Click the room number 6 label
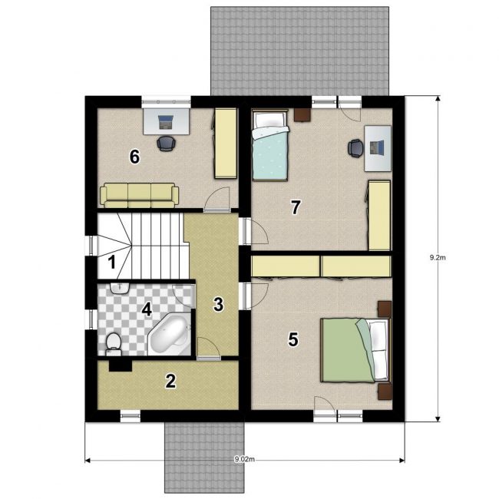(x=134, y=157)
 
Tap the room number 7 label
(x=296, y=207)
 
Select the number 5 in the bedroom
(x=292, y=339)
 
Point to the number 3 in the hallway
(x=218, y=304)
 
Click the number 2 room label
(x=170, y=381)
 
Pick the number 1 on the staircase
(x=112, y=263)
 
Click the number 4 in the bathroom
(x=147, y=309)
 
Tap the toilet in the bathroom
(x=114, y=345)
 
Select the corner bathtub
(x=170, y=334)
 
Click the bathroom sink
(x=120, y=288)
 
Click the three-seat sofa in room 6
(x=139, y=195)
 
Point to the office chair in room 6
(x=166, y=144)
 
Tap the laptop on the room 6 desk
(x=166, y=123)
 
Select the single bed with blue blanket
(x=270, y=145)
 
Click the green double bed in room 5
(x=355, y=350)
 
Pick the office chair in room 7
(x=355, y=148)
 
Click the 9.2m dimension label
(x=438, y=258)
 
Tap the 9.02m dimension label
(x=244, y=459)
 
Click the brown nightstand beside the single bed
(x=302, y=115)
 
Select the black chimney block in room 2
(x=121, y=365)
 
